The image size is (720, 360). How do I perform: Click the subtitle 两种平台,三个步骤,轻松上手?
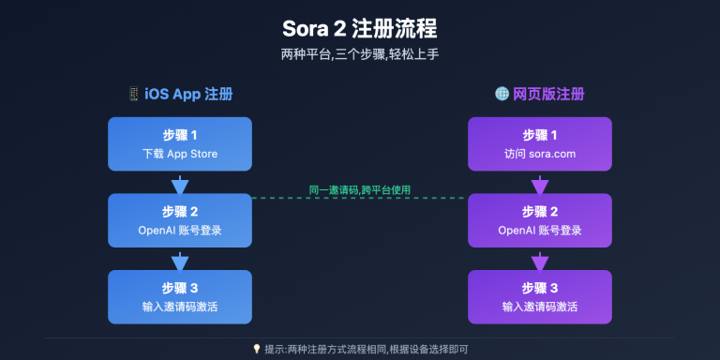pos(360,54)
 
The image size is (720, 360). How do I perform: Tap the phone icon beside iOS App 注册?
pos(133,95)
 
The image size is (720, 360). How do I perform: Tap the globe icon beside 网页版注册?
pos(502,95)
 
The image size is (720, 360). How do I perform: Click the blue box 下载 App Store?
pos(180,143)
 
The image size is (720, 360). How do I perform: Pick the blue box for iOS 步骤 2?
pos(180,220)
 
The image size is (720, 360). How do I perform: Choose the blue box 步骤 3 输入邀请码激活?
pos(180,297)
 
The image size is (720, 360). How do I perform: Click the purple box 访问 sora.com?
pos(540,143)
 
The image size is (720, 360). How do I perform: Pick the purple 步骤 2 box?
pos(540,220)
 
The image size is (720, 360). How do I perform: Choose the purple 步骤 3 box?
pos(540,297)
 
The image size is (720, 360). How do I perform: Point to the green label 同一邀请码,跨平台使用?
pos(360,189)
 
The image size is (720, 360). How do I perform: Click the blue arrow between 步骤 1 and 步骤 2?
pos(180,183)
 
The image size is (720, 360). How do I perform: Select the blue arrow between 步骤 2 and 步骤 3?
pos(180,260)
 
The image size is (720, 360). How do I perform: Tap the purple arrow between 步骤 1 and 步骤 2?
pos(540,183)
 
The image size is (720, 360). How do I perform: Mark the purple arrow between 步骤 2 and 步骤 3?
pos(540,260)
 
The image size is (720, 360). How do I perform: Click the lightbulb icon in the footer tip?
pos(257,349)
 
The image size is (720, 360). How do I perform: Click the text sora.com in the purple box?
pos(554,154)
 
